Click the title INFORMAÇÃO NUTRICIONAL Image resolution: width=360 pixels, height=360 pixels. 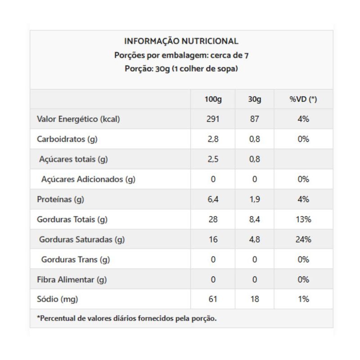[x=181, y=41]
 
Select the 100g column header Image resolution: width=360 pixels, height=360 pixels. [x=213, y=99]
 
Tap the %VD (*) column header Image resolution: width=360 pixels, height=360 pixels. [x=303, y=99]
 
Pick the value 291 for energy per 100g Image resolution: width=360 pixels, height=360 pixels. [x=213, y=119]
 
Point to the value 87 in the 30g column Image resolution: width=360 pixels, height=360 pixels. [x=255, y=119]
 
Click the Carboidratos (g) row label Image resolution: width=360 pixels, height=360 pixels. [x=67, y=139]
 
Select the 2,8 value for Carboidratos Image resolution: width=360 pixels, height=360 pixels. [x=213, y=139]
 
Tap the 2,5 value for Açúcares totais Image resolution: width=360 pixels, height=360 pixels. [x=213, y=159]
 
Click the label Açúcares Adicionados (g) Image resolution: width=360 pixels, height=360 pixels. [x=88, y=179]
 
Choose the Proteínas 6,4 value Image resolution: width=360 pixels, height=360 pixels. [x=213, y=199]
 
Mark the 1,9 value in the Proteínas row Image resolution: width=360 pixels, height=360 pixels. [x=255, y=199]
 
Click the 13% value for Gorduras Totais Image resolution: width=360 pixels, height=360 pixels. [x=303, y=220]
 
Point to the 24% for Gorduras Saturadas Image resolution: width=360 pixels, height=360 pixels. [x=303, y=239]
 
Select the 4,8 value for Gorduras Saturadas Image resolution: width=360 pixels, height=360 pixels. [x=255, y=239]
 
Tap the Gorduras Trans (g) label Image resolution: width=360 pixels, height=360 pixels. [x=76, y=260]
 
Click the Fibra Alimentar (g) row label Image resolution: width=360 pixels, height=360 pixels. [x=72, y=279]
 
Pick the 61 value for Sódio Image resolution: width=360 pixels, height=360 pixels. [x=213, y=299]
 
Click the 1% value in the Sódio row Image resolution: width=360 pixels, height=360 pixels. [x=303, y=299]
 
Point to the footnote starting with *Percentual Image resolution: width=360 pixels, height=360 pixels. [x=127, y=319]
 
